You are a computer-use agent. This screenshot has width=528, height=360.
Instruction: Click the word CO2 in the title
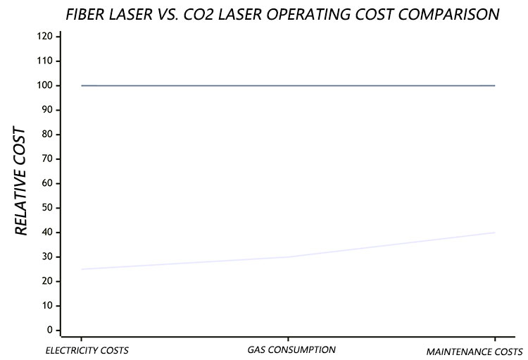click(234, 13)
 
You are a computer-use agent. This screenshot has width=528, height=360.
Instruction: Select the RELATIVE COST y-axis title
click(21, 182)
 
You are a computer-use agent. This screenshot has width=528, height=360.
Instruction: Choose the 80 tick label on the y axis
click(46, 134)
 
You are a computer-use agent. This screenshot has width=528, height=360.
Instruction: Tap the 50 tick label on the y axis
click(46, 208)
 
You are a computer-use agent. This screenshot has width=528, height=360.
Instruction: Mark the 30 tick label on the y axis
click(46, 256)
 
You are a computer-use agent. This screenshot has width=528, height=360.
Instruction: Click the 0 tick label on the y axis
click(49, 330)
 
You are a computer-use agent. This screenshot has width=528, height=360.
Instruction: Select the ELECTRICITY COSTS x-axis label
click(87, 350)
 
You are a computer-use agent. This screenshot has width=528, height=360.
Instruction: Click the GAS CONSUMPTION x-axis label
click(291, 349)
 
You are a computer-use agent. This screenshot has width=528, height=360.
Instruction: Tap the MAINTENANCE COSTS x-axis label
click(475, 351)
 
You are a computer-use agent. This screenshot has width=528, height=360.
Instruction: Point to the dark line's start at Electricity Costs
click(82, 85)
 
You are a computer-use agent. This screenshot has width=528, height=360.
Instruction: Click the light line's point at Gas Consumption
click(288, 256)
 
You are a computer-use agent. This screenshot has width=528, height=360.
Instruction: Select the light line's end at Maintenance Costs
click(495, 232)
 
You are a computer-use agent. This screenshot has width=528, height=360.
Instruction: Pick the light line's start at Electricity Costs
click(82, 269)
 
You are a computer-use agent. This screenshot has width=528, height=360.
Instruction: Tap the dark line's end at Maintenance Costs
click(495, 85)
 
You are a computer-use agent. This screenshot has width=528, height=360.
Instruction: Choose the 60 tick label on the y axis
click(46, 183)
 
